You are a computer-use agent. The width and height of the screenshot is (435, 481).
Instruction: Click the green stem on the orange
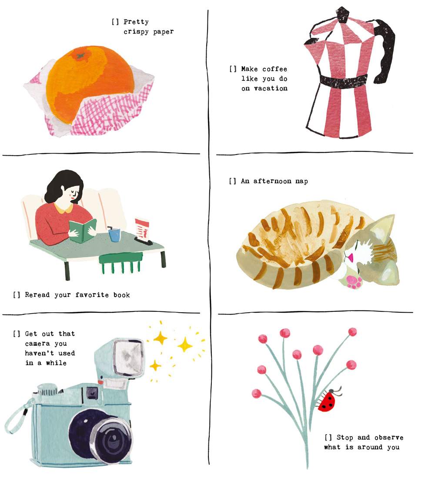click(80, 56)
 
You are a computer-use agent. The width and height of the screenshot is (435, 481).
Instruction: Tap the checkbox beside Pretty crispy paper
click(115, 22)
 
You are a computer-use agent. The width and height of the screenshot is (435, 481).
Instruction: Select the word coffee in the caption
click(274, 69)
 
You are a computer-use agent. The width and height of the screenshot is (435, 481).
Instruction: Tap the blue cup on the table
click(114, 235)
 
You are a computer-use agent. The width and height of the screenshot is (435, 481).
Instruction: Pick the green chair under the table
click(121, 263)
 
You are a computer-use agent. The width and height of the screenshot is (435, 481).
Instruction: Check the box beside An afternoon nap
click(233, 181)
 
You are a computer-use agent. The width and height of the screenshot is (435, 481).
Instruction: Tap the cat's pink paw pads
click(354, 282)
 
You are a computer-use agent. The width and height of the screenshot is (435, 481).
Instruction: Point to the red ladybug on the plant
click(327, 401)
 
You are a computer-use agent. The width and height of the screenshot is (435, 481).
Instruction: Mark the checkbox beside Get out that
click(17, 334)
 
